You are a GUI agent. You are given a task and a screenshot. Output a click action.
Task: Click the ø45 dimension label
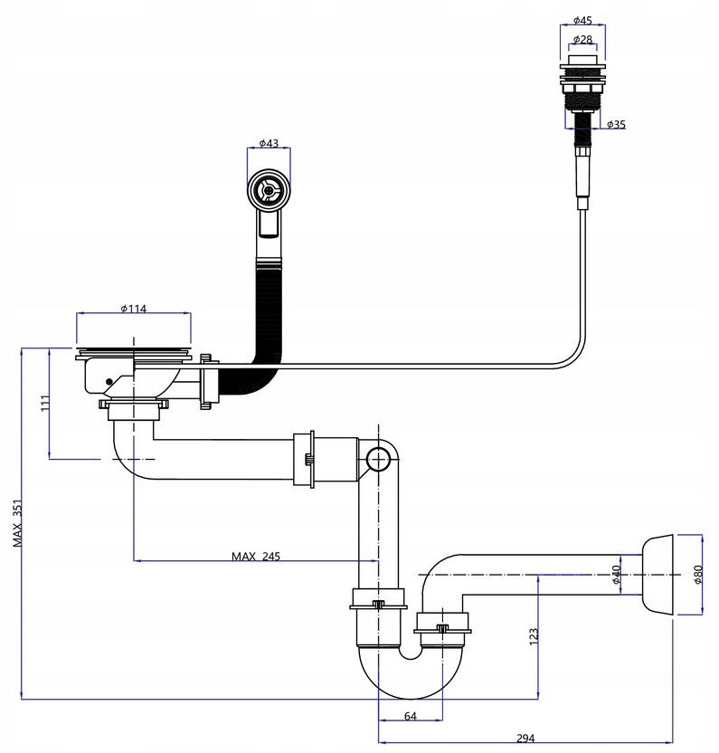582,20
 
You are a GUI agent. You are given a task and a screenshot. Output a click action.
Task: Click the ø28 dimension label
582,39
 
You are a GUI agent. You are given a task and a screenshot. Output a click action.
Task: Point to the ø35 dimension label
616,124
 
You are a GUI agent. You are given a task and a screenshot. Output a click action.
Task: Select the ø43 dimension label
269,143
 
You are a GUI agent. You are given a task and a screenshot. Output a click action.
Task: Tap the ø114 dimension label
134,309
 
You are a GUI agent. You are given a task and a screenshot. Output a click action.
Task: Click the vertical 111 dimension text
45,403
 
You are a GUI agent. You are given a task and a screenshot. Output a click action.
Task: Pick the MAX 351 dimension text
17,523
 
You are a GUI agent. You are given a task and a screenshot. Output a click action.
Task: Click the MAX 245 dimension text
256,556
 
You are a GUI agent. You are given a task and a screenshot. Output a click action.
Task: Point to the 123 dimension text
534,636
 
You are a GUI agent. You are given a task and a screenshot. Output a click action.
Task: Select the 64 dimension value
411,716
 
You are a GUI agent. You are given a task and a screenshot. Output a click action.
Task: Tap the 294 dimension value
525,739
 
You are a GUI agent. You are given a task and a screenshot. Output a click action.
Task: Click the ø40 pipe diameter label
616,575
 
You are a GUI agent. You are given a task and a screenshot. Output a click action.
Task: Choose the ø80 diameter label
697,575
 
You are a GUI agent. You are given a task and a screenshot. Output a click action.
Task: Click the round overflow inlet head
269,190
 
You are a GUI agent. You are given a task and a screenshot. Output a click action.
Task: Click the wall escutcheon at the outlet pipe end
658,575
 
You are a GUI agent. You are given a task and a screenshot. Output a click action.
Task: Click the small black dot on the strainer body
109,382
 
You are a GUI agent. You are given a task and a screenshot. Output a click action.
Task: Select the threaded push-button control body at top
582,91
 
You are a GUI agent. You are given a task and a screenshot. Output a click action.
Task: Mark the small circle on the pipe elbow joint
379,460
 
